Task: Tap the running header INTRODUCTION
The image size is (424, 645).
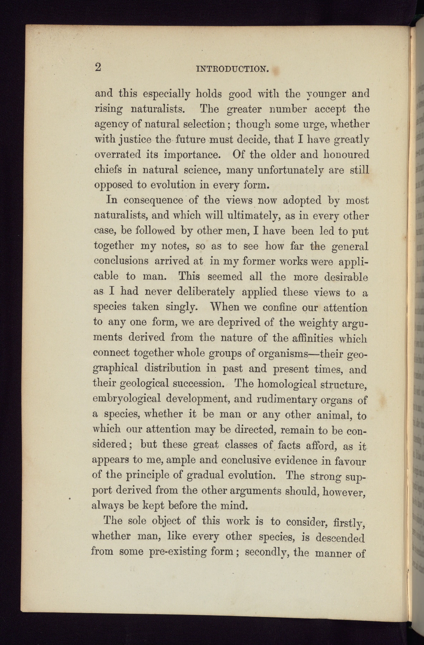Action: [x=233, y=68]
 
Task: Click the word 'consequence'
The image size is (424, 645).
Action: [x=156, y=200]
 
